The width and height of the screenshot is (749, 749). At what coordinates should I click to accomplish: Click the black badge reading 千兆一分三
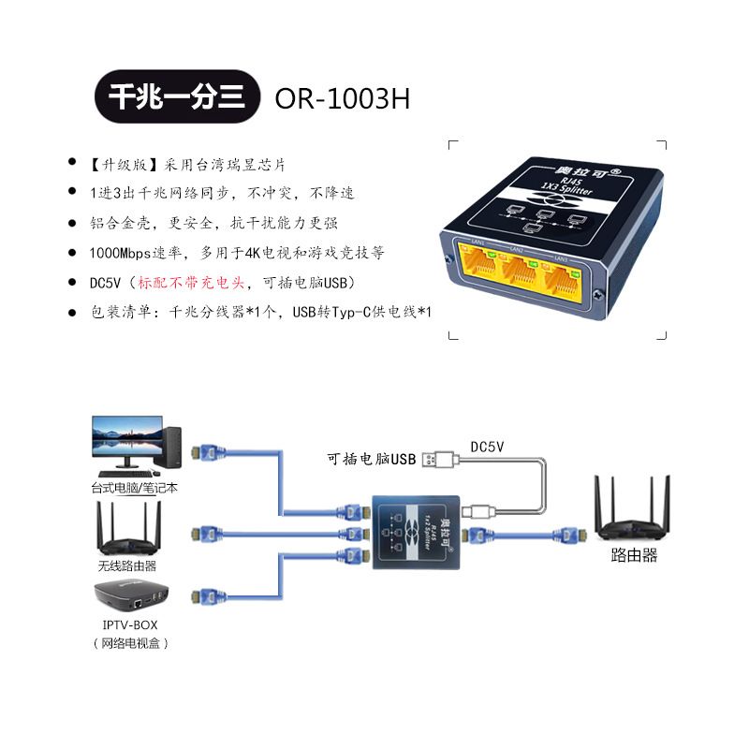tap(177, 97)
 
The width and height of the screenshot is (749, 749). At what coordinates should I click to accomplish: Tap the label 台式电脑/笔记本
tap(135, 487)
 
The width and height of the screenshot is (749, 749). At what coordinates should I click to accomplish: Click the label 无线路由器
tap(127, 565)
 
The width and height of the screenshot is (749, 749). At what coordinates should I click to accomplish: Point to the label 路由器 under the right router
tap(634, 555)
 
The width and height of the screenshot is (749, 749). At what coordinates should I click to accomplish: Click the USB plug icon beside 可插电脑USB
tap(440, 459)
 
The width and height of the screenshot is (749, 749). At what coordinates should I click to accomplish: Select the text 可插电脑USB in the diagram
tap(371, 460)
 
